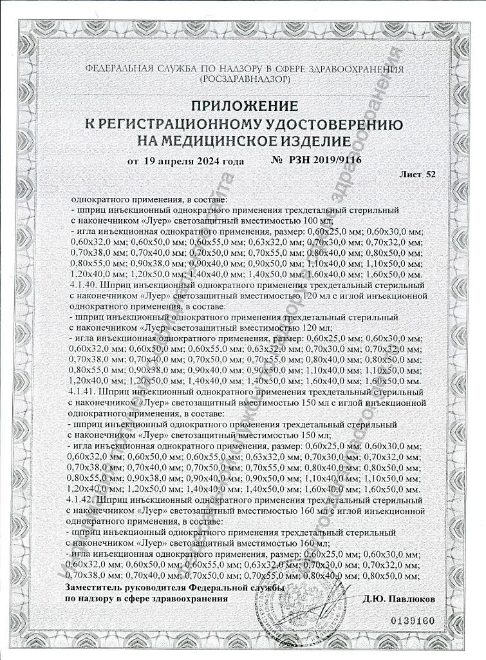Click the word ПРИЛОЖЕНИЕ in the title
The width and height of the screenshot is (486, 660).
pyautogui.click(x=244, y=105)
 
